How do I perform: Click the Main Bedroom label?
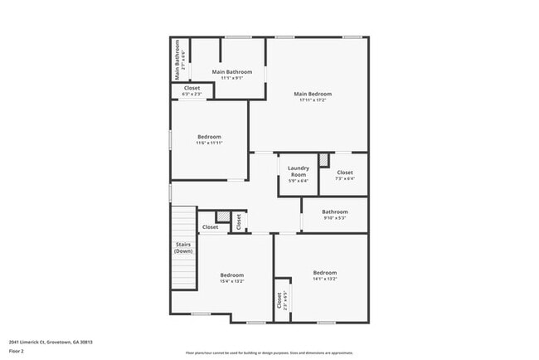(307, 94)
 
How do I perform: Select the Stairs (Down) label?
(183, 247)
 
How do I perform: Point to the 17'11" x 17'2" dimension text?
(307, 100)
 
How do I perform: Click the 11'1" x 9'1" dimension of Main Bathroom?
(231, 79)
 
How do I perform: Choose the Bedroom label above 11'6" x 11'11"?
(209, 136)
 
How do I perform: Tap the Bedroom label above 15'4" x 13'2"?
(232, 275)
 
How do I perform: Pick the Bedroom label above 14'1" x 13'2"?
(325, 272)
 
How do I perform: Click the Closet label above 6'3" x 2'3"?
(192, 87)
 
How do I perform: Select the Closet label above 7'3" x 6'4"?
(345, 173)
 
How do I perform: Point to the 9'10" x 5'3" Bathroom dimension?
(335, 218)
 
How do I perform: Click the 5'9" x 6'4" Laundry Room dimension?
(299, 182)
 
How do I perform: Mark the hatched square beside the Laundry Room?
(324, 158)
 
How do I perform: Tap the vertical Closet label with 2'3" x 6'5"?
(279, 301)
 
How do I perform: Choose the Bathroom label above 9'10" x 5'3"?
(335, 212)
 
